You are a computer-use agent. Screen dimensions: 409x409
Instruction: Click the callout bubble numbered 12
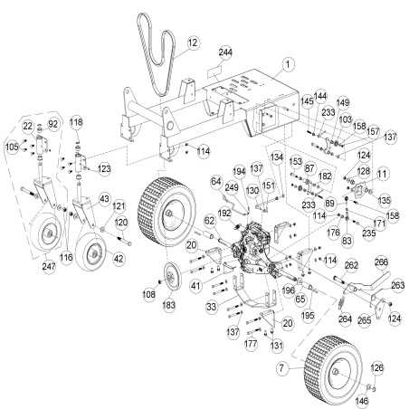click(192, 43)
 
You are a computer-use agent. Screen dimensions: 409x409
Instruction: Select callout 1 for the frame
click(288, 64)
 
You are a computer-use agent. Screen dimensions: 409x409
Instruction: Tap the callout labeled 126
click(377, 366)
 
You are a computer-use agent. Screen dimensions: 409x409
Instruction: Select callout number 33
click(211, 309)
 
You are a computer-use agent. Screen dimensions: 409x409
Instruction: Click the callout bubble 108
click(150, 294)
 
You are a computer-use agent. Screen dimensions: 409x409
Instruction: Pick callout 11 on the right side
click(382, 172)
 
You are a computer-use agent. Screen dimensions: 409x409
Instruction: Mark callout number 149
click(343, 102)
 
